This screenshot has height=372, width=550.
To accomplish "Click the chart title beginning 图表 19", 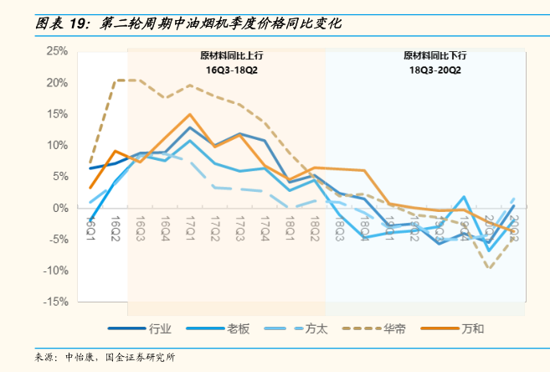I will click(x=188, y=24).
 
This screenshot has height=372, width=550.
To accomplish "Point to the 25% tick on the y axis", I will click(x=57, y=52).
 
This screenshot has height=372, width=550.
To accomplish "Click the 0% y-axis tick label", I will click(x=60, y=208).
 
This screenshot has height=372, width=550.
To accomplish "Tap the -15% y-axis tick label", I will click(x=55, y=302).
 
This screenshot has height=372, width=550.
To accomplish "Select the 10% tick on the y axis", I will click(x=57, y=146).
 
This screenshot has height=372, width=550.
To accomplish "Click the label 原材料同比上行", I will click(x=226, y=56).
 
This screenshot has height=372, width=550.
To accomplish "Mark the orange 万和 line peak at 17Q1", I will click(x=191, y=114).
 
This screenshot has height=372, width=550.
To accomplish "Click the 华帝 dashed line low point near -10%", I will click(x=488, y=268).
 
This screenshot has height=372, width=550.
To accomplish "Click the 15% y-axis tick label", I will click(x=57, y=115).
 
